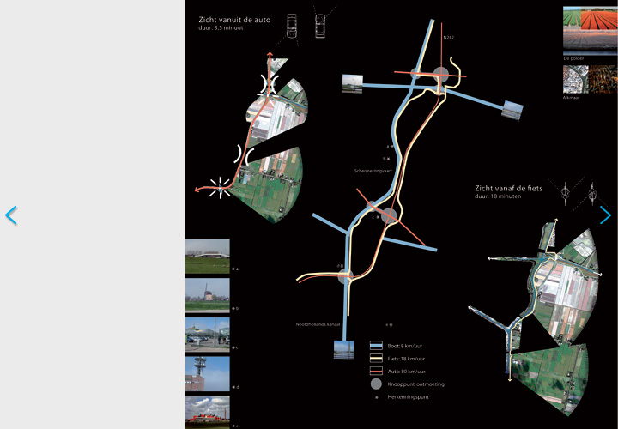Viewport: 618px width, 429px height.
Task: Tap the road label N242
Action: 448,39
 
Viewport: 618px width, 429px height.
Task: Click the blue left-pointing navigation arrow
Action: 11,215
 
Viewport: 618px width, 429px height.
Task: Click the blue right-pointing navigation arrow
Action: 606,215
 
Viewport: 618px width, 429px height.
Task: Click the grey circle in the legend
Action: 376,384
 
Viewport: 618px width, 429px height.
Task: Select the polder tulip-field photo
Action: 589,30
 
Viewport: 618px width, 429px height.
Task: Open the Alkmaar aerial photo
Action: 589,80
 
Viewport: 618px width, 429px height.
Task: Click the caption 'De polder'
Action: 573,58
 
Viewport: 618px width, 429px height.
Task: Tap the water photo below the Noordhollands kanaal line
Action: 343,350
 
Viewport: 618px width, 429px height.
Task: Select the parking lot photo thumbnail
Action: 208,335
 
